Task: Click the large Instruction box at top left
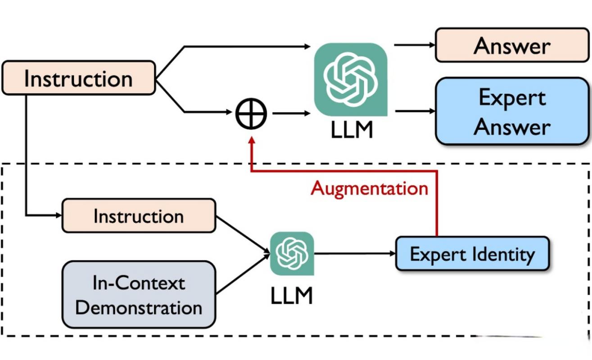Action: pyautogui.click(x=79, y=78)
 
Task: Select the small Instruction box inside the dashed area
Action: pyautogui.click(x=139, y=216)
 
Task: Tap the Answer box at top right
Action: pyautogui.click(x=512, y=45)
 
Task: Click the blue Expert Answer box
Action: pyautogui.click(x=512, y=111)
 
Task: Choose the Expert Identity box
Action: pyautogui.click(x=472, y=254)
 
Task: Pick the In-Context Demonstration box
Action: pyautogui.click(x=139, y=295)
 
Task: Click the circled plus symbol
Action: pyautogui.click(x=252, y=113)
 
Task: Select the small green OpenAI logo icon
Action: pyautogui.click(x=292, y=253)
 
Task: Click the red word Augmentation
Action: pyautogui.click(x=369, y=188)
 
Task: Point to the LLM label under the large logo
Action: pyautogui.click(x=352, y=130)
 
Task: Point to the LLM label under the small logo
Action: pyautogui.click(x=292, y=296)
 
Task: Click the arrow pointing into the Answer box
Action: pyautogui.click(x=414, y=45)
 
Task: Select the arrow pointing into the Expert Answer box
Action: pyautogui.click(x=414, y=111)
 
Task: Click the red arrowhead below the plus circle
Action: pyautogui.click(x=252, y=142)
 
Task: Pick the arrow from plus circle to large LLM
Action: pyautogui.click(x=291, y=113)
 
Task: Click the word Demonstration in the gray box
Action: pyautogui.click(x=139, y=308)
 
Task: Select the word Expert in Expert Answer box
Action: pyautogui.click(x=512, y=97)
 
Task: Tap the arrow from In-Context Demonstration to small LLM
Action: pyautogui.click(x=243, y=274)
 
